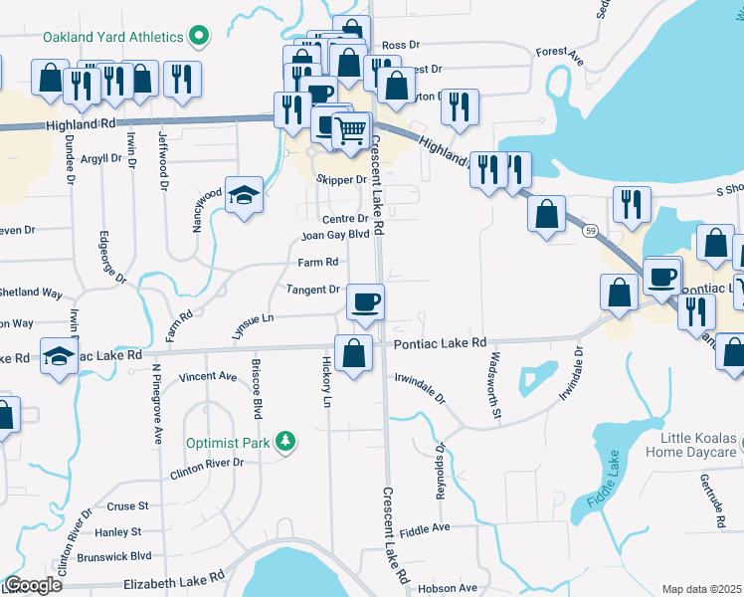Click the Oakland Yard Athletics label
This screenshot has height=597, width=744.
point(112,37)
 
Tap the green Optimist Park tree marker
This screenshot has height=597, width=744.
point(285,441)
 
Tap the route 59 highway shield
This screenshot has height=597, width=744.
point(589,230)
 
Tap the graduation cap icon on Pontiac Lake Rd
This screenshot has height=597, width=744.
point(60,355)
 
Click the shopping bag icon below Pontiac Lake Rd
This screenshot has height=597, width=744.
point(354,353)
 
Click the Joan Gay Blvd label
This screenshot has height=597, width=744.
point(336,236)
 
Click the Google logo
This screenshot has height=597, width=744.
point(32,585)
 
